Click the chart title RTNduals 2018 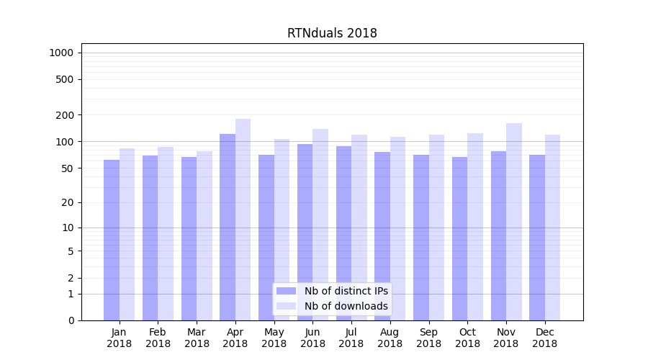(x=332, y=33)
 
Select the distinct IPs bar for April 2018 (x=228, y=227)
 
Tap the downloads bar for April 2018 (x=243, y=220)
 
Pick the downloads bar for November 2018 (x=514, y=222)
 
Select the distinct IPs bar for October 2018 (x=459, y=238)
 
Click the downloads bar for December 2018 (x=553, y=228)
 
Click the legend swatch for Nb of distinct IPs (x=286, y=291)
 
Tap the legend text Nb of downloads (x=346, y=306)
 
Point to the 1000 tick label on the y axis (x=61, y=53)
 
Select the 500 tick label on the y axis (x=66, y=79)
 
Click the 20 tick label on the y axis (x=68, y=202)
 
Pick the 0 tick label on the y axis (x=71, y=320)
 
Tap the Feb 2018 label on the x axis (x=158, y=338)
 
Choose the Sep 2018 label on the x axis (x=428, y=338)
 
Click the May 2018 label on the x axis (x=274, y=338)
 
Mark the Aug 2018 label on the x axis (x=390, y=338)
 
